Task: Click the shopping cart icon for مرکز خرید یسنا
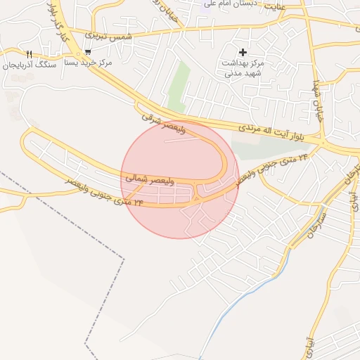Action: click(87, 51)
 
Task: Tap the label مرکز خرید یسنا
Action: click(88, 63)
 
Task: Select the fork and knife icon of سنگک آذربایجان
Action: click(29, 54)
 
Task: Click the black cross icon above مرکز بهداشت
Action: click(243, 52)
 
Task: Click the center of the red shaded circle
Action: click(180, 180)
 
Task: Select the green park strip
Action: click(179, 87)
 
